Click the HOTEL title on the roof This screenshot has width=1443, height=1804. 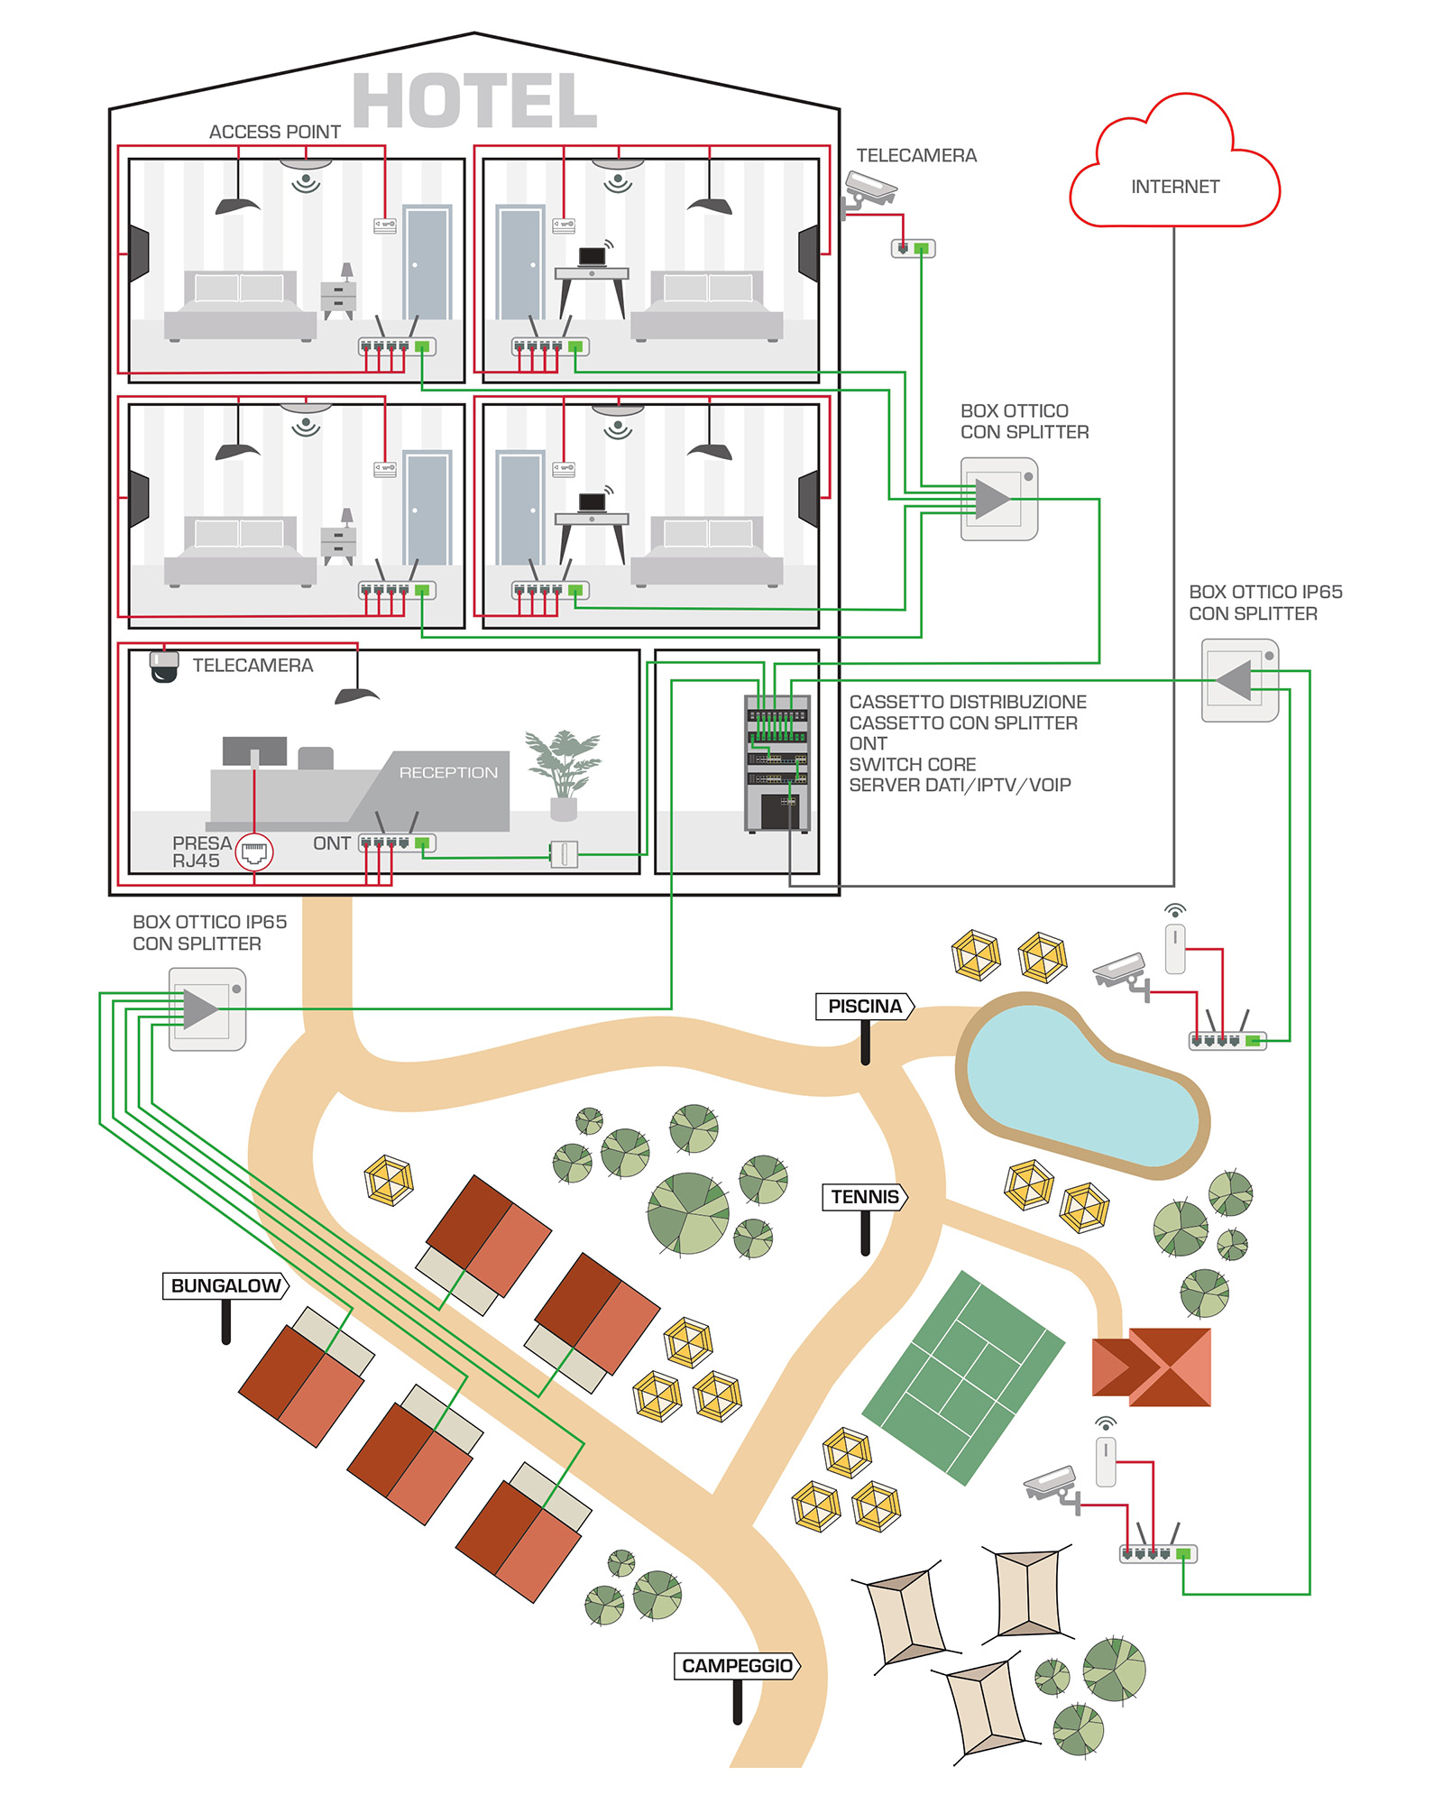click(x=474, y=100)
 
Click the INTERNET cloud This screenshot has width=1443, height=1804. click(x=1174, y=162)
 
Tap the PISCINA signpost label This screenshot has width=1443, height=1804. click(x=865, y=1006)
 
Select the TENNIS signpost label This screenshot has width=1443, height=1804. click(x=865, y=1196)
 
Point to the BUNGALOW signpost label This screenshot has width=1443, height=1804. click(x=225, y=1285)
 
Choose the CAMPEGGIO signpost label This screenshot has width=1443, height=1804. click(x=737, y=1665)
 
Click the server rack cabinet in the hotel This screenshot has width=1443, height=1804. click(x=777, y=763)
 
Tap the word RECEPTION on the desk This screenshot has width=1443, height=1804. click(x=448, y=772)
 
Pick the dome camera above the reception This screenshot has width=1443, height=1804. click(x=163, y=666)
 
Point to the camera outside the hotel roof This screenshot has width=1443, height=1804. click(x=869, y=192)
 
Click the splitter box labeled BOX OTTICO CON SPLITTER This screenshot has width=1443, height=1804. click(x=999, y=499)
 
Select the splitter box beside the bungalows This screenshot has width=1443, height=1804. click(x=207, y=1008)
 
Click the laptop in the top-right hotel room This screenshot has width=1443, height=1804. click(x=592, y=256)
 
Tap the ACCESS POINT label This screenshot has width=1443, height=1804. click(x=274, y=132)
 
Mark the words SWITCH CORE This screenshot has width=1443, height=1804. click(x=912, y=764)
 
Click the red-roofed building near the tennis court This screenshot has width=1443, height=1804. click(x=1152, y=1367)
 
